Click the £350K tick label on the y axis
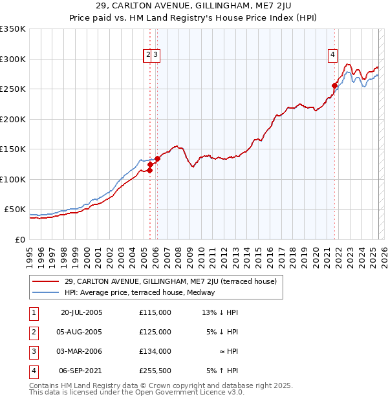(x=13, y=29)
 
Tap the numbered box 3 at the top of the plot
(x=156, y=56)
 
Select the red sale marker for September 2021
(x=334, y=85)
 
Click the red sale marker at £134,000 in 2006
(x=157, y=158)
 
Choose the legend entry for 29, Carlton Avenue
(x=170, y=281)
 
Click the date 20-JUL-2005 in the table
(x=81, y=312)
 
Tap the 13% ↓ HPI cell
(x=221, y=312)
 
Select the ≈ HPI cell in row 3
(x=228, y=351)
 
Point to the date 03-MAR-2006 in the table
(x=81, y=351)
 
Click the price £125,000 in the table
(x=155, y=332)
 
